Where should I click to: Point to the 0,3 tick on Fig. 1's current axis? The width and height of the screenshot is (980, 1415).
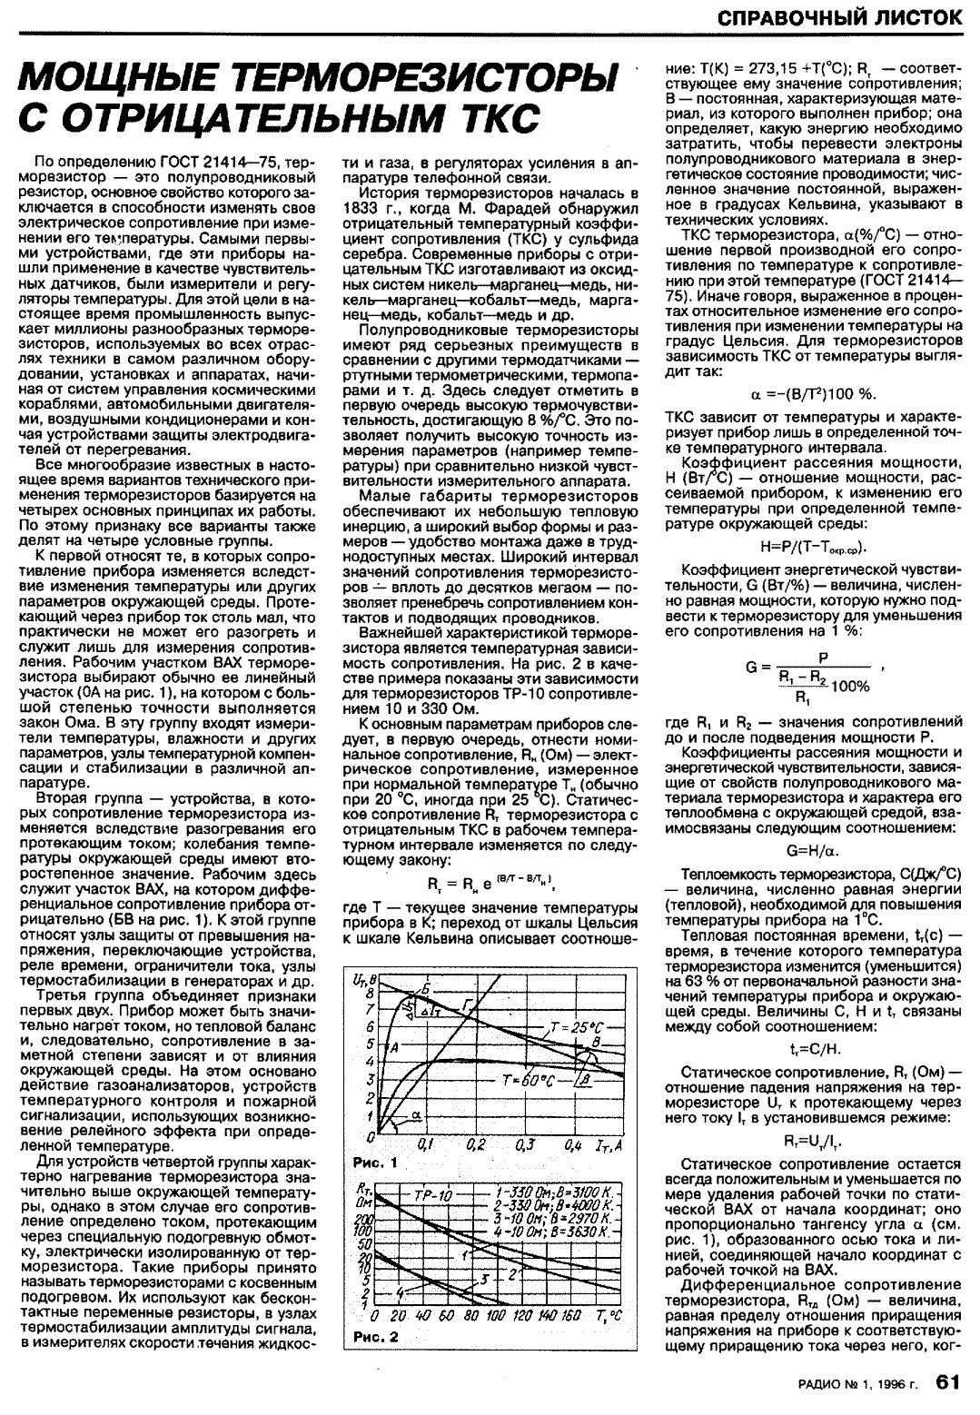(x=525, y=1146)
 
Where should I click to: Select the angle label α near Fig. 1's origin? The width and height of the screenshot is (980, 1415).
(x=416, y=1113)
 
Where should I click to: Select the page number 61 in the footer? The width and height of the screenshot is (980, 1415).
(x=947, y=1383)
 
